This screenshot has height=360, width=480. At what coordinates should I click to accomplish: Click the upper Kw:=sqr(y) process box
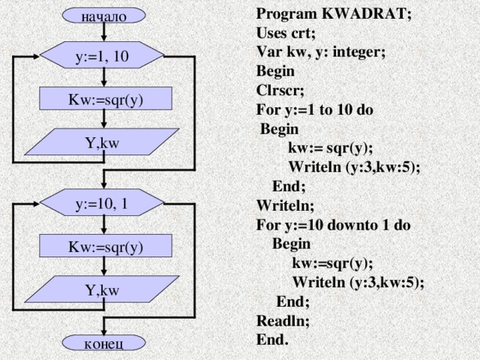106,98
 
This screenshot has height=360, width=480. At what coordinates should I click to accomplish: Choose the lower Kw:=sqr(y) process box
106,246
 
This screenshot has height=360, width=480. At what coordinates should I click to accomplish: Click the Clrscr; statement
280,91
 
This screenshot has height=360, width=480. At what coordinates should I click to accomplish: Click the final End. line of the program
271,339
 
